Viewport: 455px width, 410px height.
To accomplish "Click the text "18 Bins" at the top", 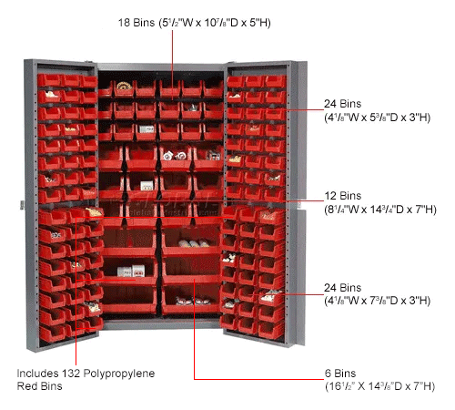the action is click(136, 23).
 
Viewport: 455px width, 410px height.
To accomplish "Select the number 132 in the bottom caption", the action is click(71, 374).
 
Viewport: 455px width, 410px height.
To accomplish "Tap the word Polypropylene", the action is click(119, 374).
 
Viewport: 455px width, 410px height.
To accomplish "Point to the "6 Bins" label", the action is click(340, 374).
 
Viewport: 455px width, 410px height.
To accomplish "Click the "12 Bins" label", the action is click(343, 196).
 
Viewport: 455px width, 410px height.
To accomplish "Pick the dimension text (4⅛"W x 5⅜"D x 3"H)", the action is click(378, 118).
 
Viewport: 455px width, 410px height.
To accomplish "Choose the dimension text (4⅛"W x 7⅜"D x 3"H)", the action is click(378, 301).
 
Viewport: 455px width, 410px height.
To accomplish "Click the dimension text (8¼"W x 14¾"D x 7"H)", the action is click(380, 210).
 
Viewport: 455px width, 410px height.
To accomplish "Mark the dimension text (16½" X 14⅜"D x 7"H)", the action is click(380, 386).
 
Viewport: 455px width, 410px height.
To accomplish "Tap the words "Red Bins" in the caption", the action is click(39, 386).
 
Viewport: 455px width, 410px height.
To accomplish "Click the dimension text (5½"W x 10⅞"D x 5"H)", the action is click(215, 23).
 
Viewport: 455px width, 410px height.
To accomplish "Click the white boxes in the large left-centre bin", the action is click(131, 271).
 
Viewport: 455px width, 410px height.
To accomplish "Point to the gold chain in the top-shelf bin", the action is click(124, 86).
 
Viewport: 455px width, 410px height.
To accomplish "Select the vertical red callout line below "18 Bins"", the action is click(172, 65).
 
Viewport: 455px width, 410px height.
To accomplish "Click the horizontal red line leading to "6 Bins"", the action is click(258, 379).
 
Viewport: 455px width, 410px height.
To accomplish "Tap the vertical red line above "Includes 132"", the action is click(76, 292).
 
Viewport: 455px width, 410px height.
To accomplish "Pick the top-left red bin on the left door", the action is click(49, 80).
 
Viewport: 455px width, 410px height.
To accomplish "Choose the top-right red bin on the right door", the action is click(276, 81).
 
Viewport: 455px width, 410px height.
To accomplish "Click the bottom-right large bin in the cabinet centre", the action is click(191, 300).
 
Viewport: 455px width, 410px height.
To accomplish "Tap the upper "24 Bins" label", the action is click(343, 104).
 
